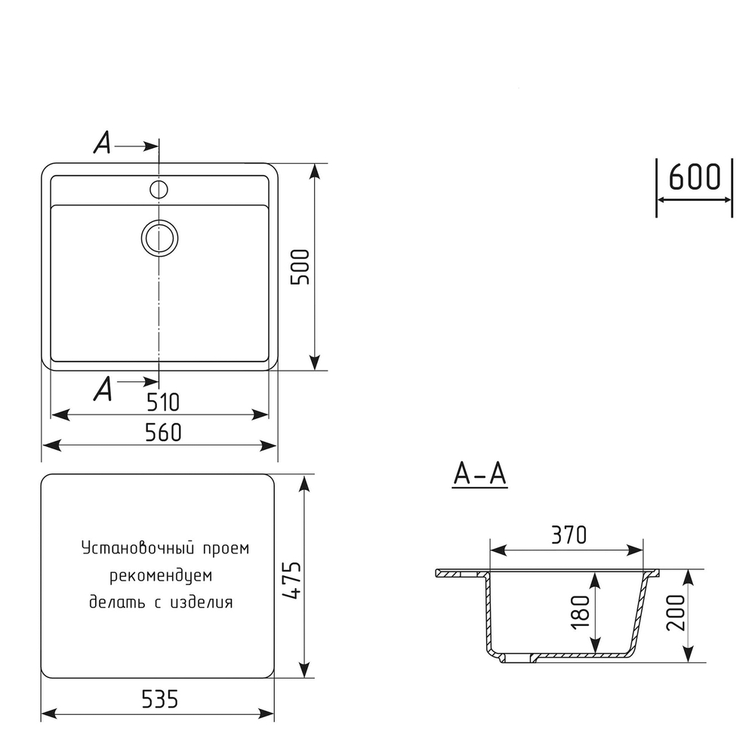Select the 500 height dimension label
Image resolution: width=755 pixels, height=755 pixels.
[x=300, y=266]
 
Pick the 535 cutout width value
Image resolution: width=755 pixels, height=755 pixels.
[x=159, y=699]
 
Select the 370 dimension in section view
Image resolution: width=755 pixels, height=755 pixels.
[x=567, y=535]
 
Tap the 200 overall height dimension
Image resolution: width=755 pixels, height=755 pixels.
[x=675, y=613]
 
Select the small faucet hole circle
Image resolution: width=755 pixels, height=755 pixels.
[x=159, y=188]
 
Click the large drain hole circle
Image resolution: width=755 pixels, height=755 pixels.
[x=159, y=237]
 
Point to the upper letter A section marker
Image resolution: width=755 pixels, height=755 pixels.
[x=102, y=143]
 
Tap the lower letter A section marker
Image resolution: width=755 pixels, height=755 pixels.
[x=103, y=390]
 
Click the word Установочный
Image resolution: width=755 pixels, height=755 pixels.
[x=132, y=549]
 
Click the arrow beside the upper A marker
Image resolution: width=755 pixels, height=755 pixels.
[x=138, y=143]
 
